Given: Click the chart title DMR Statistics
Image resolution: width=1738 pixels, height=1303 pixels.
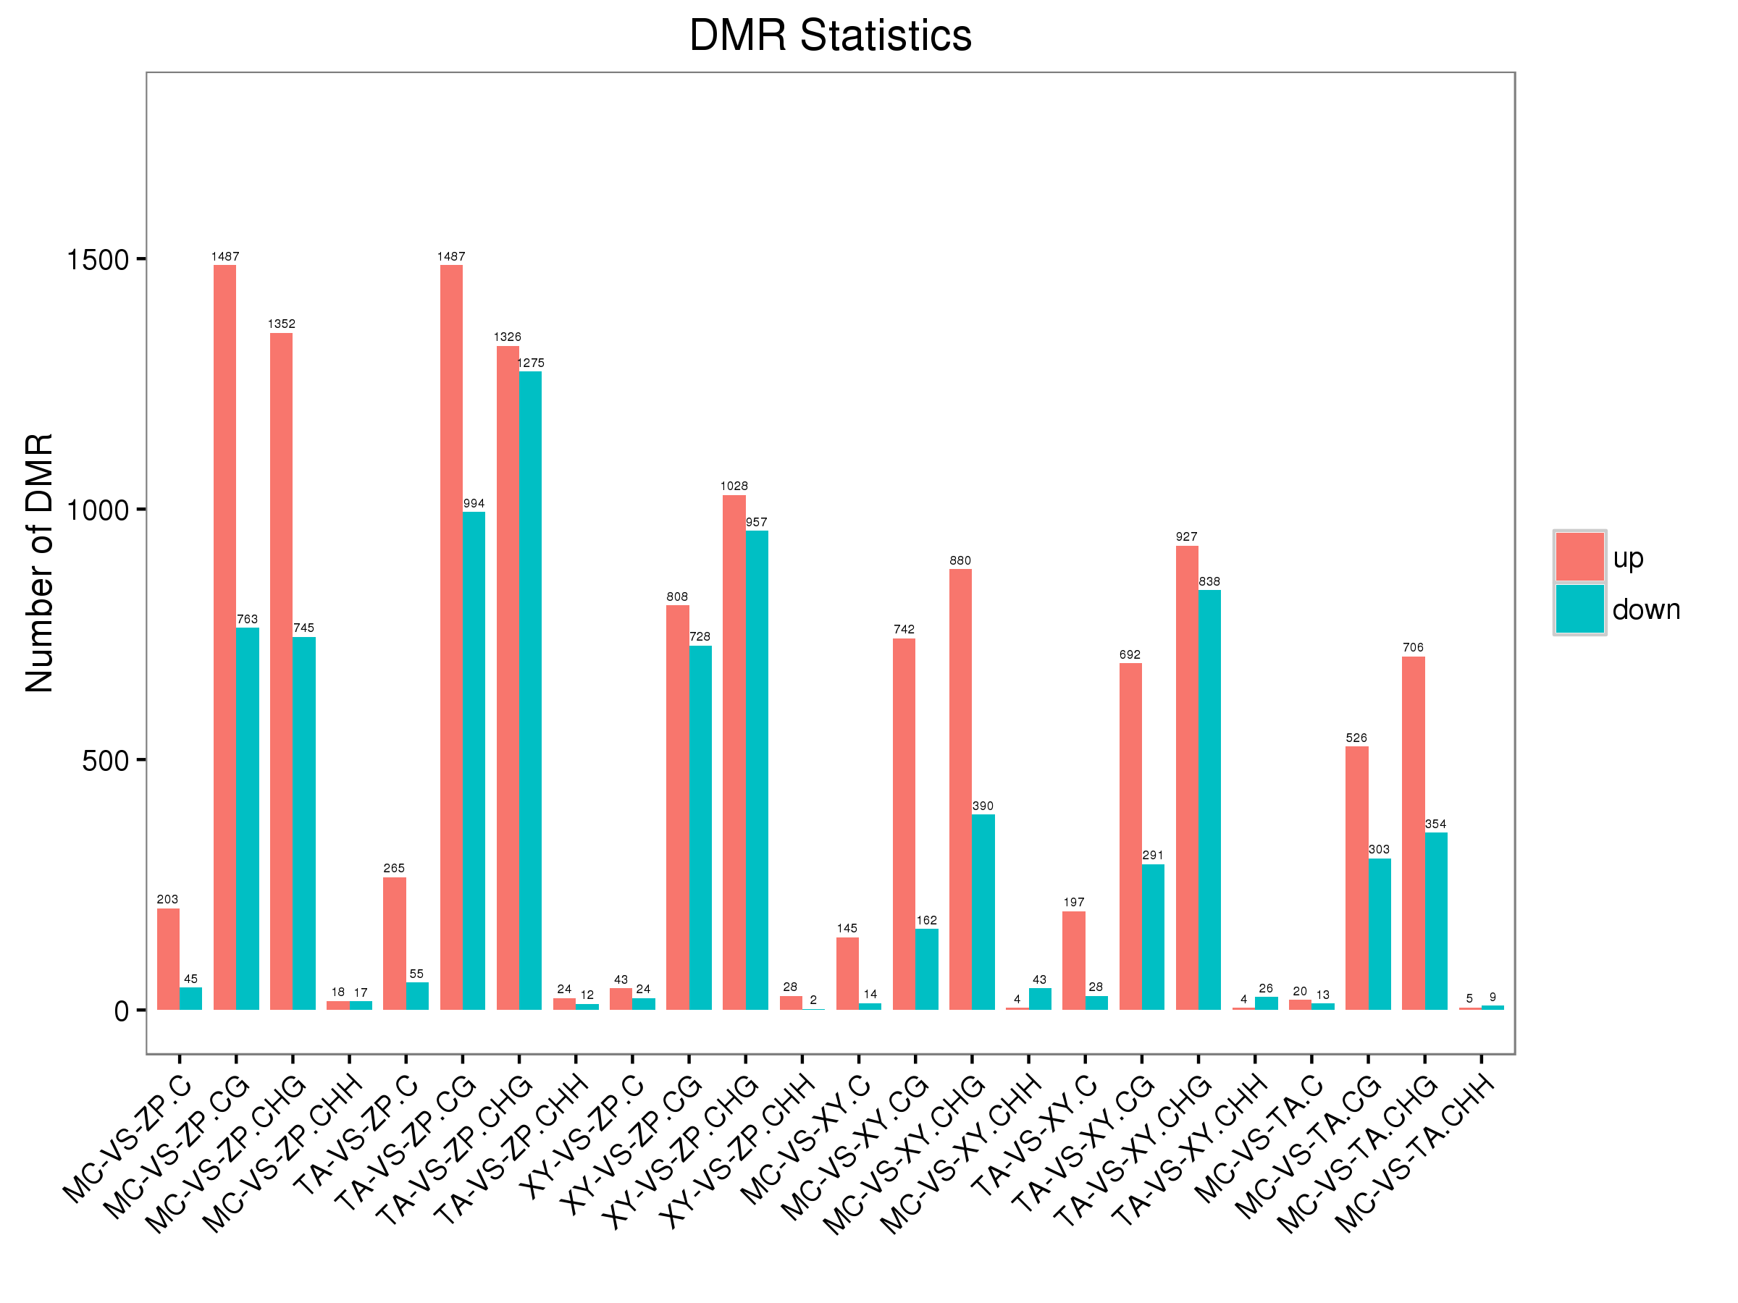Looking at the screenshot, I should tap(830, 36).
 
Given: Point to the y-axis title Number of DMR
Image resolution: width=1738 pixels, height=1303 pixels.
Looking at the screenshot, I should tap(39, 562).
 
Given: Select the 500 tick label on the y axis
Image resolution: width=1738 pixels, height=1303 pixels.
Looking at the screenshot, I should tap(104, 760).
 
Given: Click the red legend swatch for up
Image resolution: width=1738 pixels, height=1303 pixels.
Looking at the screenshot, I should tap(1579, 557).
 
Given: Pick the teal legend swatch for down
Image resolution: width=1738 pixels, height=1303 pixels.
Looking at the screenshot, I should tap(1579, 609).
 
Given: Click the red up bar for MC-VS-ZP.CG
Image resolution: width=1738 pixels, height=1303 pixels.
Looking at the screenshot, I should tap(224, 637).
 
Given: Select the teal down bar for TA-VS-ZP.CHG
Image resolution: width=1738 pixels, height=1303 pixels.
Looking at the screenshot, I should tap(530, 691).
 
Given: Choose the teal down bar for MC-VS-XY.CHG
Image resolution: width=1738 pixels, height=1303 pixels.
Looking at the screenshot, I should tap(983, 912).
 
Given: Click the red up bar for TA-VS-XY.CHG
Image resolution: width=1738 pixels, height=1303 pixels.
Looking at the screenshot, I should tap(1186, 777).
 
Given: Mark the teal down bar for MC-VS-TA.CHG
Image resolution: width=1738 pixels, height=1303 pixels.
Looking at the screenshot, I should tap(1435, 921).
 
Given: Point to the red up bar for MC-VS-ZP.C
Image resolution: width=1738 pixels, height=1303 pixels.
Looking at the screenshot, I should tap(168, 959).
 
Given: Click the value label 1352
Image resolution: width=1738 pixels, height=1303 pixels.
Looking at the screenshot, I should tap(281, 324).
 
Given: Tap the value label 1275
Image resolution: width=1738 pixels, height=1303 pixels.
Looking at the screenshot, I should tap(530, 363).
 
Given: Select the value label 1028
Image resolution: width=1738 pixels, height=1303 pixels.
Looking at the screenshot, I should tap(734, 486).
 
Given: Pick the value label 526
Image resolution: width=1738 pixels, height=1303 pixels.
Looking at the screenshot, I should tap(1356, 738).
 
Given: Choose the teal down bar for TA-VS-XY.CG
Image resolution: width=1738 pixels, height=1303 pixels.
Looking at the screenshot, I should tap(1153, 937).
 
